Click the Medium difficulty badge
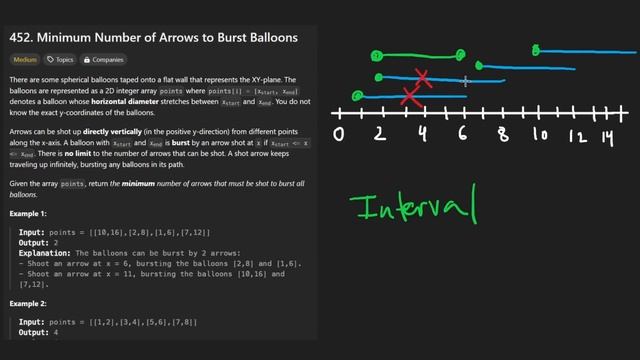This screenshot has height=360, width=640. [25, 60]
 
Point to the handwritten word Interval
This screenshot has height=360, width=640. [412, 208]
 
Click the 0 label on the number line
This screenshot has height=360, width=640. [339, 135]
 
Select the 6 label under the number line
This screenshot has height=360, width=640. [463, 135]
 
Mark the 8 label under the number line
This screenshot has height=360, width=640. [501, 136]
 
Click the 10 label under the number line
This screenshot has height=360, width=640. [541, 135]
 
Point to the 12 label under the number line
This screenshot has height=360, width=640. [578, 136]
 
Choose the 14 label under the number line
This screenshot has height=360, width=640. [609, 135]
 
